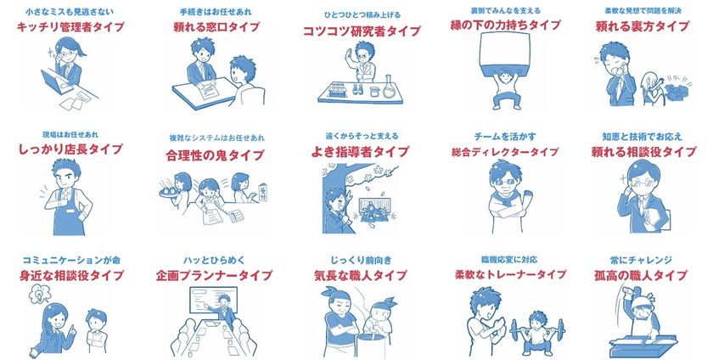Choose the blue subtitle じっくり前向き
coord(361,259)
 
